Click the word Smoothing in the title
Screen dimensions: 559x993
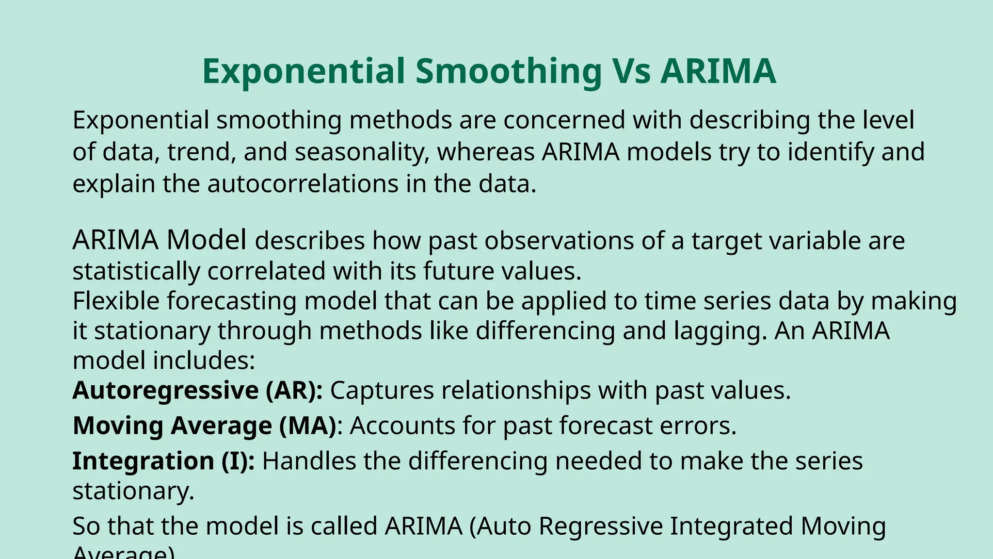tap(508, 71)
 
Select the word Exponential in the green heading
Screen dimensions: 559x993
tap(304, 71)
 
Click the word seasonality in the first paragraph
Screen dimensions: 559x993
tap(362, 152)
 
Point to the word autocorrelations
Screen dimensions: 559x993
tap(303, 184)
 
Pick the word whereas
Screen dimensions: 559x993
tap(486, 152)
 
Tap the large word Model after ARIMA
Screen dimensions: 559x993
tap(207, 240)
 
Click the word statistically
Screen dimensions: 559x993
tap(136, 271)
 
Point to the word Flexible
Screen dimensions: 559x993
tap(116, 300)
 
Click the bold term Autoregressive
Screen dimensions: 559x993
tap(165, 390)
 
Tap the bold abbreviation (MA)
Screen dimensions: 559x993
tap(308, 426)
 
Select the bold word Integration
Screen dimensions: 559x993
tap(143, 461)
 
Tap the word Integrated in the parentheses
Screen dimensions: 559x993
tap(731, 526)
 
